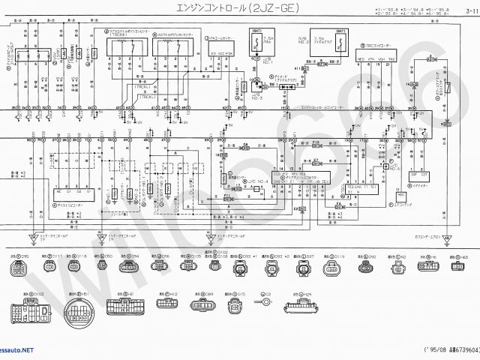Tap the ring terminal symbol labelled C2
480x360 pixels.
point(265,304)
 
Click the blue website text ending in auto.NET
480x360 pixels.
point(16,350)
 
